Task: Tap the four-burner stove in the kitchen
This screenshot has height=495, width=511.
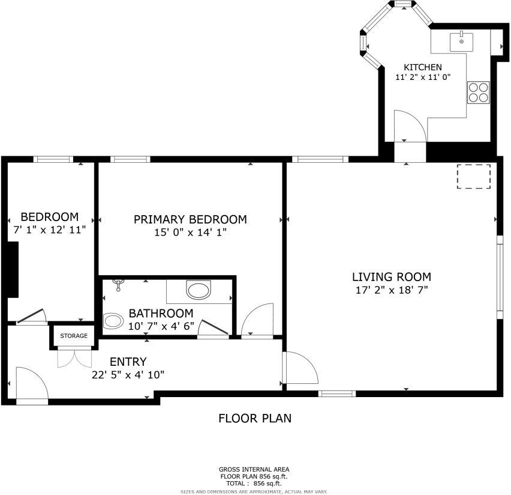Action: coord(478,93)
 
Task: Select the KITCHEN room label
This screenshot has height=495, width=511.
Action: coord(422,67)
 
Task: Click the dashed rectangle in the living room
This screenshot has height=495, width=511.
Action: coord(474,177)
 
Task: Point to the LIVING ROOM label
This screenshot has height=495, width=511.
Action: coord(391,277)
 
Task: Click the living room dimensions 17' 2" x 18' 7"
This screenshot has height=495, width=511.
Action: coord(391,290)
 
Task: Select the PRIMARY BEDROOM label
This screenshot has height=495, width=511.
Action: coord(190,219)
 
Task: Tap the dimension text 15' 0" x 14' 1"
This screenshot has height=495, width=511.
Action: coord(190,232)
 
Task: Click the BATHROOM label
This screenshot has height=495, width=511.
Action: coord(161,313)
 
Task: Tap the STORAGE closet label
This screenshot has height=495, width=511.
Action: coord(73,336)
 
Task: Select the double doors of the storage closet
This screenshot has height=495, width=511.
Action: coord(73,358)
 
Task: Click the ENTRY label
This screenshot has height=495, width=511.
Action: coord(128,362)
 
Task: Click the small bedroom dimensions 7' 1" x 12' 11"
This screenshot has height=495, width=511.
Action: coord(50,229)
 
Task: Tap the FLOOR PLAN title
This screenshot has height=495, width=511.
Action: coord(255,418)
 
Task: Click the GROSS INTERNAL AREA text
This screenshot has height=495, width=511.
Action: coord(255,469)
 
